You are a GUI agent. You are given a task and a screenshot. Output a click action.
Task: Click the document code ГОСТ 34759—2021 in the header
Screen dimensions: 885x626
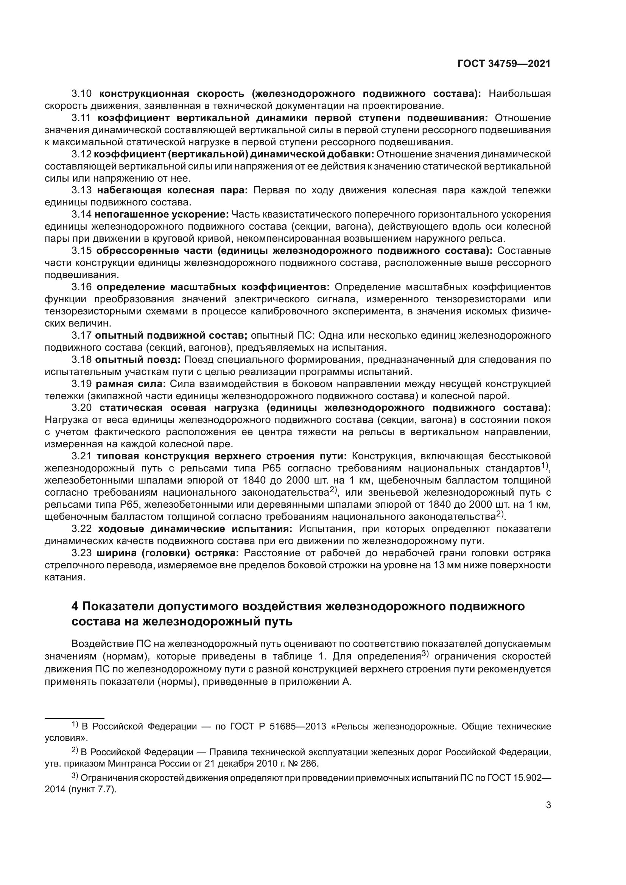click(x=503, y=64)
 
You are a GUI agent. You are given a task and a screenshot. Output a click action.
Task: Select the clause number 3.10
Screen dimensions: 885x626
click(x=82, y=94)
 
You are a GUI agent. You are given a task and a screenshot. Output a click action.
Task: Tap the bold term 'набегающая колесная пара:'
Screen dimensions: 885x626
click(x=172, y=190)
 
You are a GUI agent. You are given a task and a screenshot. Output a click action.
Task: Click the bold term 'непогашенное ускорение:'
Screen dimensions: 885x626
click(x=162, y=214)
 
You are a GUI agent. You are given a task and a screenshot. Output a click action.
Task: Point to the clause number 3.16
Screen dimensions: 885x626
click(x=82, y=287)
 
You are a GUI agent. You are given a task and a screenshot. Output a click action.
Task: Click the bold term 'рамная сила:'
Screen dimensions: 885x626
click(x=131, y=384)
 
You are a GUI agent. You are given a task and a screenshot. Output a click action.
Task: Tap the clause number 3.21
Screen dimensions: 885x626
click(x=82, y=456)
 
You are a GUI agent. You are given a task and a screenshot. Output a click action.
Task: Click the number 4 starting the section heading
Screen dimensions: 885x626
click(x=75, y=606)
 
